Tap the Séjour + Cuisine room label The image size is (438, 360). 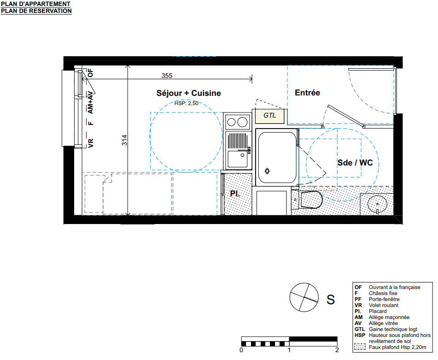point(188,93)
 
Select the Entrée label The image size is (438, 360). point(307,93)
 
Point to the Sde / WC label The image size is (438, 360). point(355,163)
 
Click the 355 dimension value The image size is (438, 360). point(167,76)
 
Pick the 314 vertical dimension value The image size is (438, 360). point(125,140)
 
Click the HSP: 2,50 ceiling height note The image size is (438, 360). point(187,103)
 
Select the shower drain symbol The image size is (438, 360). point(267,171)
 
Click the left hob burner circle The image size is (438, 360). point(231,122)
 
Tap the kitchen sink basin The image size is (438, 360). point(237,159)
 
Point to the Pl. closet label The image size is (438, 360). point(235,194)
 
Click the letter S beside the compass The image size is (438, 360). point(331,300)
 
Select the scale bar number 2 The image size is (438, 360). point(337,350)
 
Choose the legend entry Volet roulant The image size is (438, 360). point(383,305)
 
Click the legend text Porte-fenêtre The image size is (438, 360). point(384,299)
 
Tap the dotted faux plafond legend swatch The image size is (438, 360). point(360,347)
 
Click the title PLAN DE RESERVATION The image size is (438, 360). point(36,11)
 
